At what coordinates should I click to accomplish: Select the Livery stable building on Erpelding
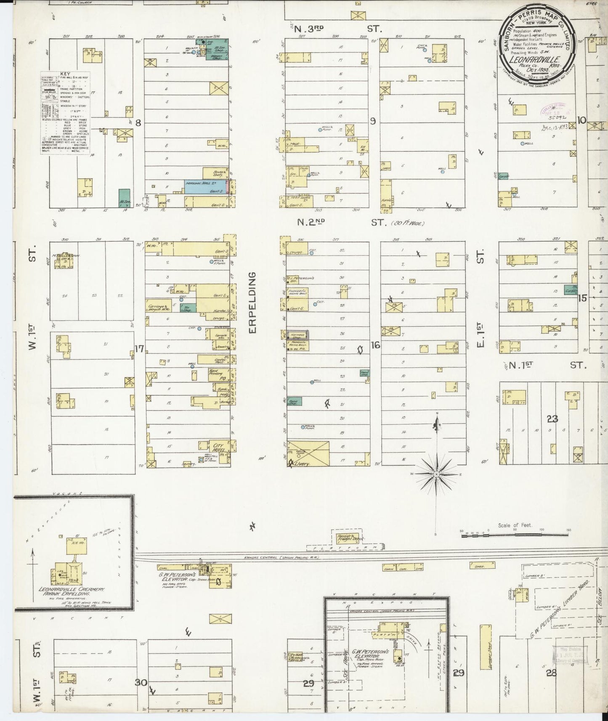(308, 453)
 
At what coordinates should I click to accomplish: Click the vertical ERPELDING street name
(252, 303)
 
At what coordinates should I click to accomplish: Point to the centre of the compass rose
(436, 474)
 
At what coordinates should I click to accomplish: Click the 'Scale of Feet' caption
(515, 525)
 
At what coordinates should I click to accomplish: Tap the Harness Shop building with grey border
(297, 335)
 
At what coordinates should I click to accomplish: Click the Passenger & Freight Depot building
(349, 538)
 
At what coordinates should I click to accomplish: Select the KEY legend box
(65, 112)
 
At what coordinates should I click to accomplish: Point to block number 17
(139, 348)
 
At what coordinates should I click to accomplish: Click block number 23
(552, 419)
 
